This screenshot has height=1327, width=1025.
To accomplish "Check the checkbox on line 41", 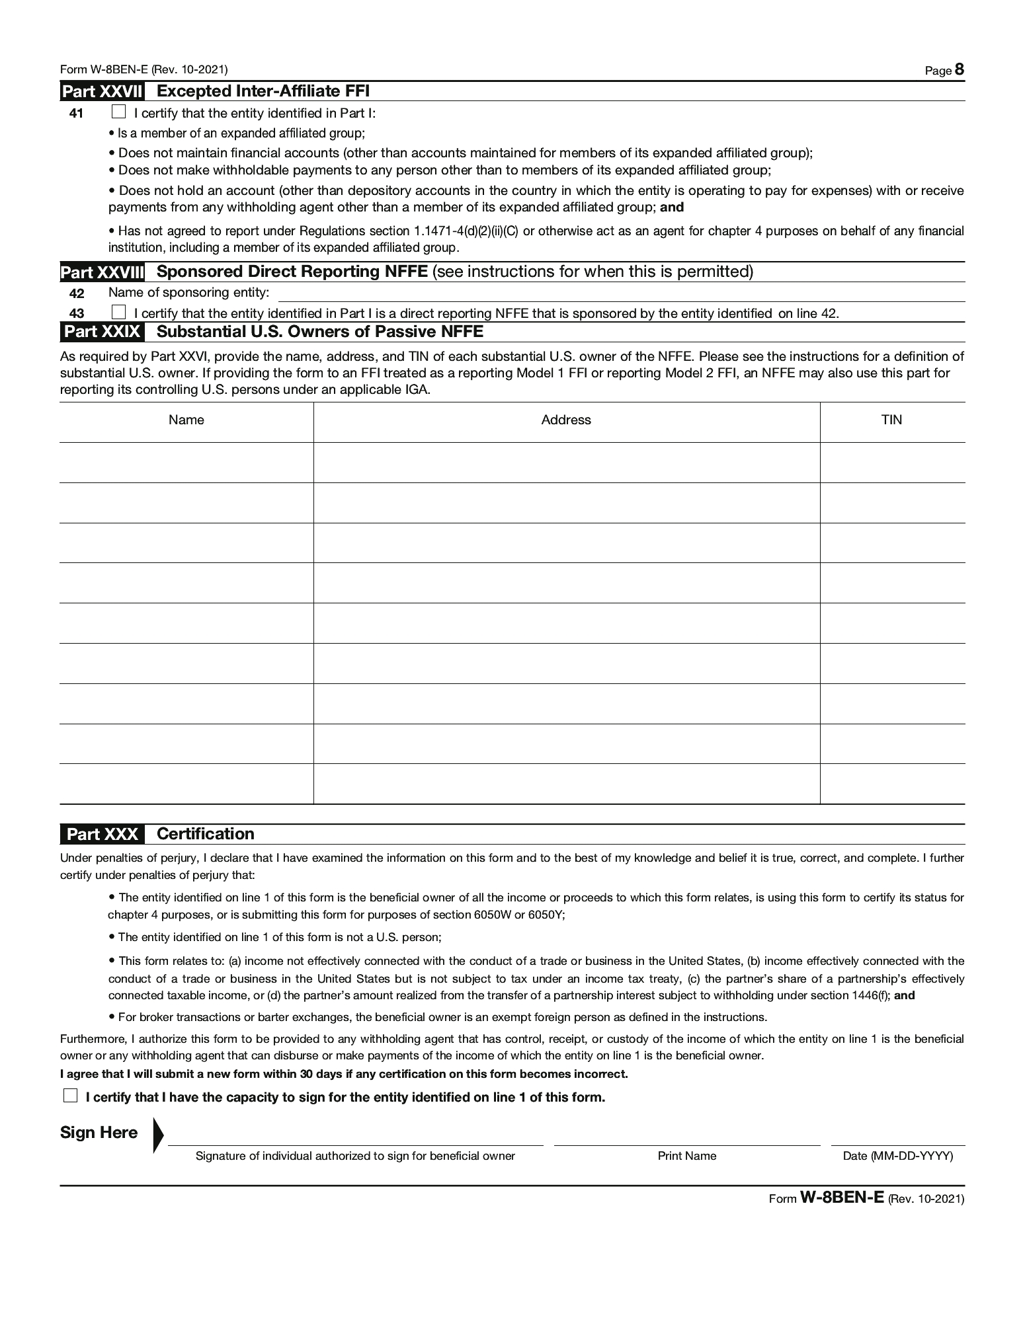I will pyautogui.click(x=119, y=112).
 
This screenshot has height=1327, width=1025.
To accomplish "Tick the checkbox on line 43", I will pyautogui.click(x=119, y=312).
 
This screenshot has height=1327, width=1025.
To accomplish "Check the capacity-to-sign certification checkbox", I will pyautogui.click(x=70, y=1096).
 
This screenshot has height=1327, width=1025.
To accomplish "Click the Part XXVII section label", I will pyautogui.click(x=102, y=91).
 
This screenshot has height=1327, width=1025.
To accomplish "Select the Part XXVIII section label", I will pyautogui.click(x=102, y=272).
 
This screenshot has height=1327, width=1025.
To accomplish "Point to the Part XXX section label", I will pyautogui.click(x=102, y=834).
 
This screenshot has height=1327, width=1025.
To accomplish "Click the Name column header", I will pyautogui.click(x=186, y=420).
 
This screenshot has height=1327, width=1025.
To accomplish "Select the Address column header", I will pyautogui.click(x=566, y=420).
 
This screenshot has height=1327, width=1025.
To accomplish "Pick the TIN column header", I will pyautogui.click(x=891, y=420).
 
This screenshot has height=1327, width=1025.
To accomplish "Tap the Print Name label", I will pyautogui.click(x=686, y=1156).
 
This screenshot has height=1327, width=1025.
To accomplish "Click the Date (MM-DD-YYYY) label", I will pyautogui.click(x=897, y=1156).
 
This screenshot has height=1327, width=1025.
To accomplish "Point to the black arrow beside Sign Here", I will pyautogui.click(x=157, y=1135).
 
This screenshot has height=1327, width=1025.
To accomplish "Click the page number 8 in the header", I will pyautogui.click(x=960, y=70).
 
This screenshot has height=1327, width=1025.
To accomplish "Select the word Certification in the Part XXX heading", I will pyautogui.click(x=206, y=834).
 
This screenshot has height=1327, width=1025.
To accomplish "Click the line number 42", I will pyautogui.click(x=77, y=294).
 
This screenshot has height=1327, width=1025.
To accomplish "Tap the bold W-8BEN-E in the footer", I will pyautogui.click(x=842, y=1198).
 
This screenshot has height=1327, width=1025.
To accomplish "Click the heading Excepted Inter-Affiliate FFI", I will pyautogui.click(x=263, y=91).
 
